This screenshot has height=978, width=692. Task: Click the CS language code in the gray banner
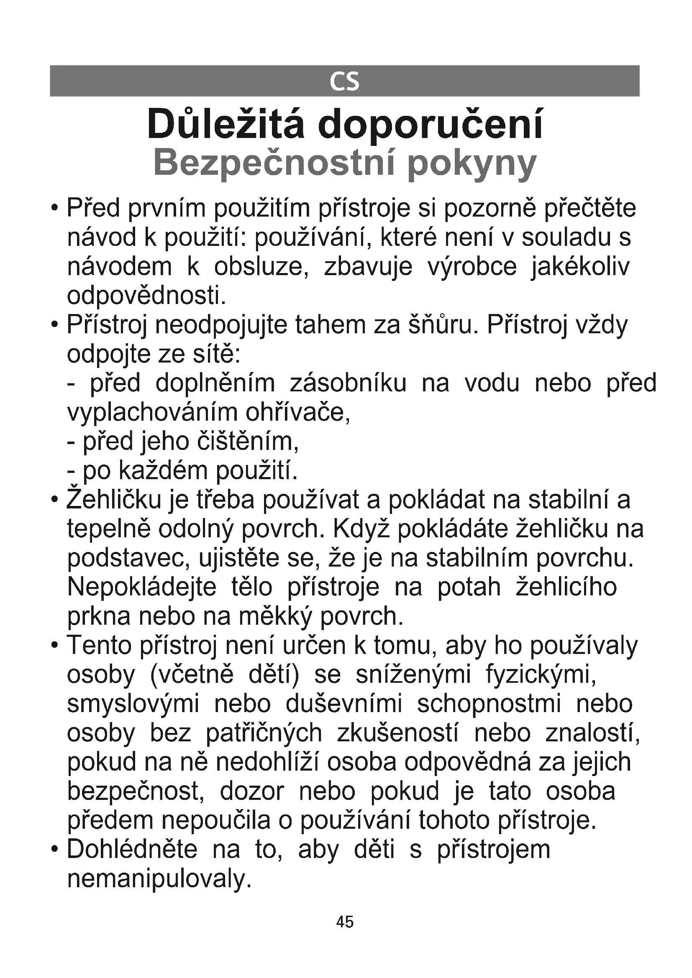[344, 82]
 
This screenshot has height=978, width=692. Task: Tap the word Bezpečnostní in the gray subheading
[272, 163]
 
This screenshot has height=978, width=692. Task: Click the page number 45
[345, 922]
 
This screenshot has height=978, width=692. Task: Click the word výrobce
[472, 267]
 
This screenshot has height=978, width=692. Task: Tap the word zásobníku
[348, 383]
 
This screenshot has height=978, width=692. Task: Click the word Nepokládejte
[142, 587]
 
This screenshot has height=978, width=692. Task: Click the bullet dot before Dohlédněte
[54, 850]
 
